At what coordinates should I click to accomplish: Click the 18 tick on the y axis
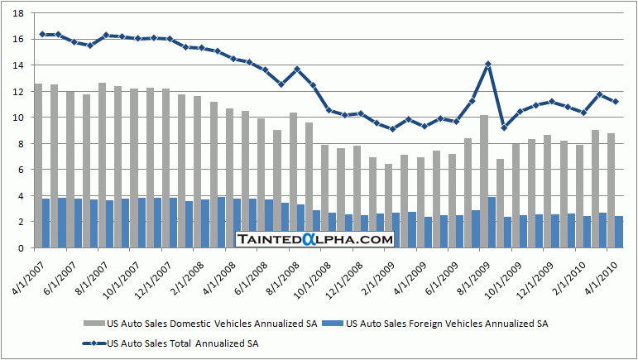[x=18, y=13]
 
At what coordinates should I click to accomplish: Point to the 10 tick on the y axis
[x=18, y=118]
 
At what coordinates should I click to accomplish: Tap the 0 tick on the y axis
[x=22, y=248]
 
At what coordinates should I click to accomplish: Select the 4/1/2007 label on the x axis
[x=25, y=274]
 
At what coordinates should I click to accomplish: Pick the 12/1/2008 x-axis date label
[x=345, y=274]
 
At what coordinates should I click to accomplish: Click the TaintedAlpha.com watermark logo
[x=314, y=239]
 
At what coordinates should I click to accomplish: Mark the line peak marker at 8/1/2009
[x=488, y=64]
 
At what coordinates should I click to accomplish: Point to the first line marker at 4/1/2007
[x=42, y=34]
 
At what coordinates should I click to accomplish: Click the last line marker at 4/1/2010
[x=616, y=102]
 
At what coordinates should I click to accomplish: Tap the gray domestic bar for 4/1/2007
[x=38, y=141]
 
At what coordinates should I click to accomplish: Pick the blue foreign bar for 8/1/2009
[x=492, y=223]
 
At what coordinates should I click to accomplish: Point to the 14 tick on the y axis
[x=18, y=65]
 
